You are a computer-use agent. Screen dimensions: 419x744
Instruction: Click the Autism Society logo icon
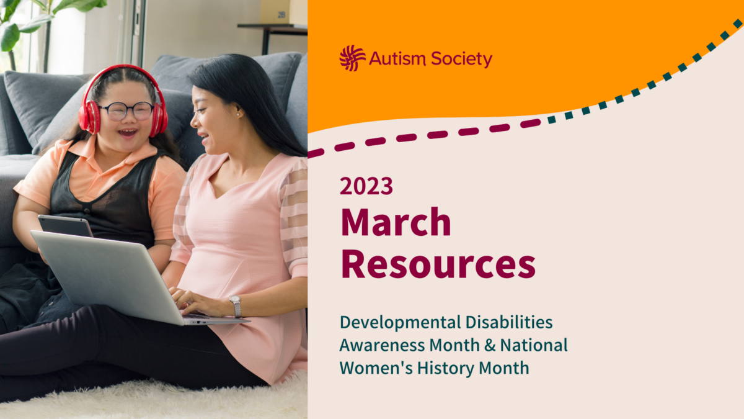(353, 58)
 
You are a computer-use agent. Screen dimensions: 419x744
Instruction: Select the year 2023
(366, 186)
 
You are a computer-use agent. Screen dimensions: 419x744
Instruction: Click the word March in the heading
(396, 222)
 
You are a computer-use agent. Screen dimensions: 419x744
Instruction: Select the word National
(534, 345)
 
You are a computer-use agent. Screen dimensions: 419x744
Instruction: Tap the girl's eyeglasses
(126, 111)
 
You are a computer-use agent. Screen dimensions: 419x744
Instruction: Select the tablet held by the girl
(64, 225)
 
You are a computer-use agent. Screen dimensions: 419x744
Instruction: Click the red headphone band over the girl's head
(122, 70)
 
